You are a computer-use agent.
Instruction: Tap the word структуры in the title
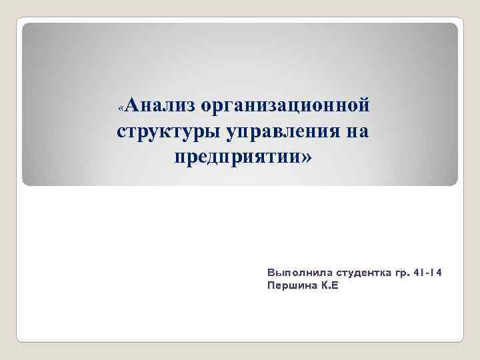(169, 131)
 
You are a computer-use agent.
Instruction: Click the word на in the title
(355, 131)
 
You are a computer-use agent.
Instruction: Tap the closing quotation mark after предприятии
(306, 158)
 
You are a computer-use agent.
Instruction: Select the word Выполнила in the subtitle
(298, 273)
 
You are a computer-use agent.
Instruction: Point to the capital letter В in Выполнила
(271, 273)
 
